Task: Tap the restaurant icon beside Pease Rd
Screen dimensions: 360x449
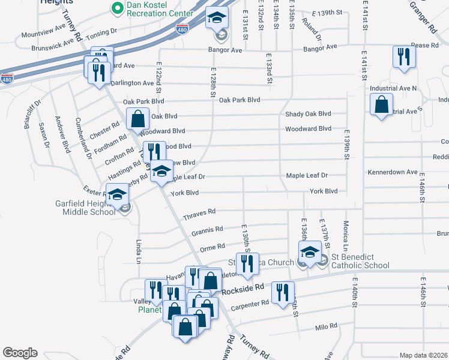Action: tap(403, 57)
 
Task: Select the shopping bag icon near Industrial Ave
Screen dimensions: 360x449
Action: tap(381, 105)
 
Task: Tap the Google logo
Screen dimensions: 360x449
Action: tap(20, 353)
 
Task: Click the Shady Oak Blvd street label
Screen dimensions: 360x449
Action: tap(308, 114)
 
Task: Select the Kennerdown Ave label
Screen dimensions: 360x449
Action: tap(393, 172)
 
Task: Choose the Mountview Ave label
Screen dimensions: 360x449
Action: tap(43, 28)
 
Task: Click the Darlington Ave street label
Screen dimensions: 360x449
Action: tap(131, 83)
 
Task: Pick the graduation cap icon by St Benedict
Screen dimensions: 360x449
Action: tap(310, 251)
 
